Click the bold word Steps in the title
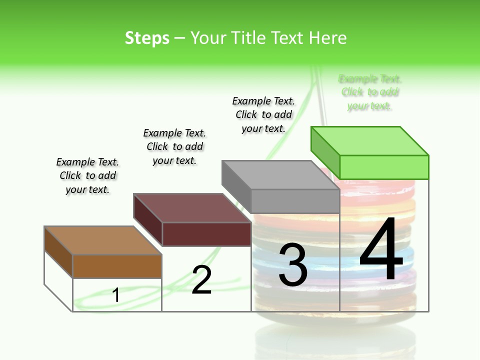tap(147, 38)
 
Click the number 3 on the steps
tap(293, 265)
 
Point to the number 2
tap(201, 279)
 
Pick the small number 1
tap(116, 295)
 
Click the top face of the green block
tap(369, 141)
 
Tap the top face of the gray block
tap(280, 175)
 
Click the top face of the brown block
tap(103, 240)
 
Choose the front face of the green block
tap(384, 167)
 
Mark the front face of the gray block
tap(295, 201)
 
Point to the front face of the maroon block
tap(206, 234)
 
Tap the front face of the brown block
tap(117, 266)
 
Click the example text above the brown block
tap(87, 175)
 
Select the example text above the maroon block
tap(174, 146)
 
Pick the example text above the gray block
tap(263, 114)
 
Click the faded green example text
tap(370, 92)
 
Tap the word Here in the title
tap(327, 38)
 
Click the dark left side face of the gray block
tap(236, 186)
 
